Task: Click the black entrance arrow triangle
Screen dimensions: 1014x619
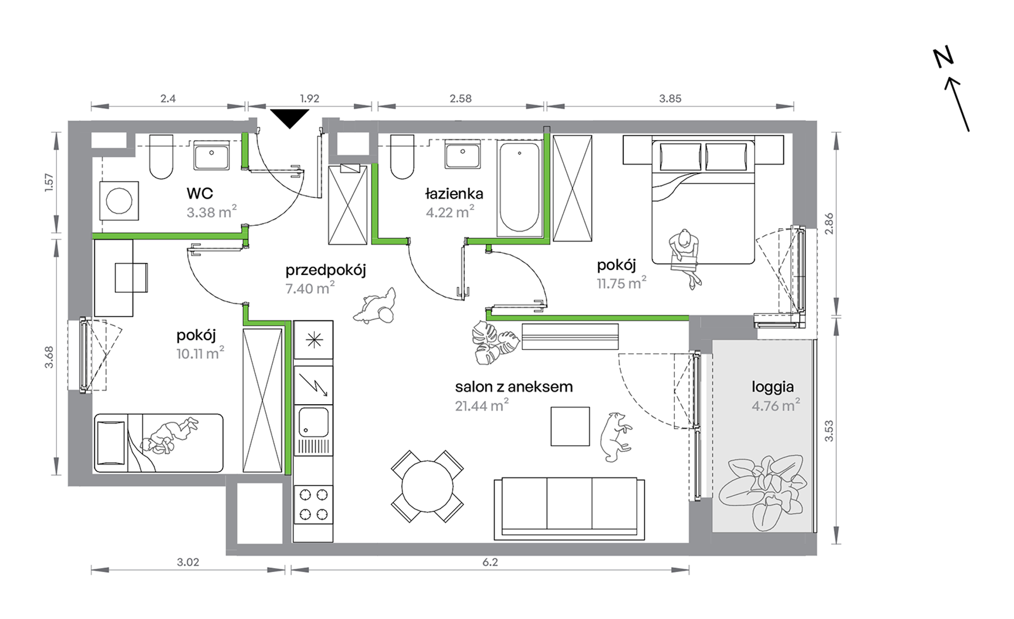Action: [x=290, y=117]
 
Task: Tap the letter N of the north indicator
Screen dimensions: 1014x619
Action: [x=943, y=57]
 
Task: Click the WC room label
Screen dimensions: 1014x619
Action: [x=200, y=193]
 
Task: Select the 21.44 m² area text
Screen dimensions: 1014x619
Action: [x=481, y=405]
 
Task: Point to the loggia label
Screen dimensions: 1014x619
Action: [x=773, y=387]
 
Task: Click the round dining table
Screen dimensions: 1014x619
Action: [x=427, y=486]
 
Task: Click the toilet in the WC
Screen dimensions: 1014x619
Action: [x=161, y=156]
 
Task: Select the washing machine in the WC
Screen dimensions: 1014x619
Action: [x=119, y=201]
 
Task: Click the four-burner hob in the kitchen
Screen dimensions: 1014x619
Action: [x=313, y=504]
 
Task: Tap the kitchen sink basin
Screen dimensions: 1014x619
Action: [x=313, y=422]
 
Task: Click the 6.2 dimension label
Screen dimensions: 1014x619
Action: [x=490, y=562]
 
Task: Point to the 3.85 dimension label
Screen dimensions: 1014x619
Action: [x=670, y=99]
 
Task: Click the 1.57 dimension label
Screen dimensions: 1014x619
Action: [x=49, y=182]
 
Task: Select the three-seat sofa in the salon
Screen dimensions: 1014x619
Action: [x=569, y=509]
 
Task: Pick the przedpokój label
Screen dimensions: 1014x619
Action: [x=326, y=270]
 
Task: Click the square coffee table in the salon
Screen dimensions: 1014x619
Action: [x=570, y=427]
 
